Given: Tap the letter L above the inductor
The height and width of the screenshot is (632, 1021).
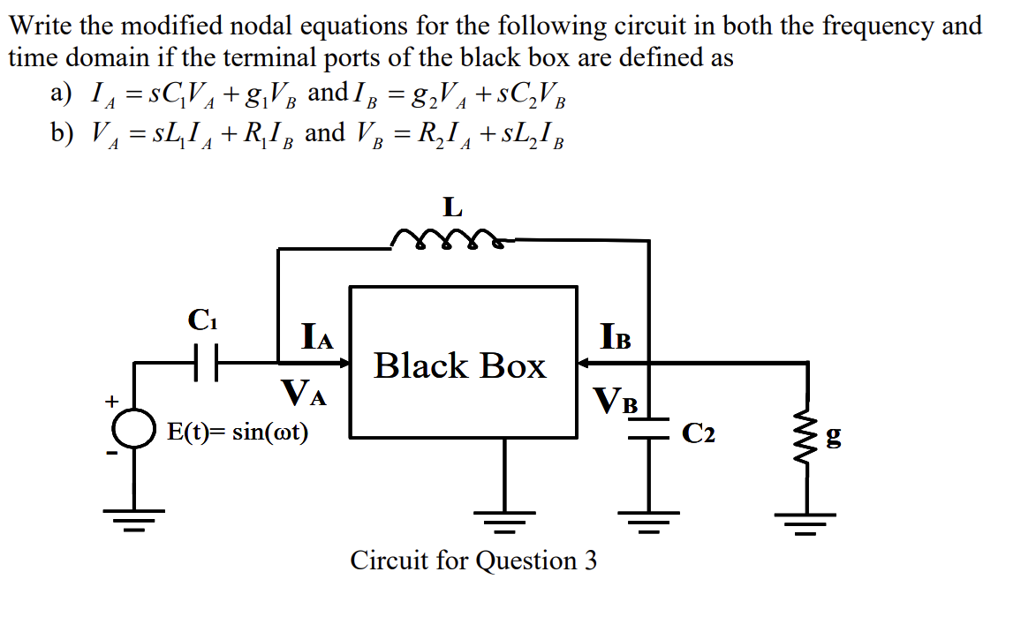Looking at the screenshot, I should tap(452, 207).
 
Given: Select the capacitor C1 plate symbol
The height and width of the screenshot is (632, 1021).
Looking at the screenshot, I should tap(206, 362).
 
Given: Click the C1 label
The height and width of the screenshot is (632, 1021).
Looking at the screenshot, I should tap(203, 320).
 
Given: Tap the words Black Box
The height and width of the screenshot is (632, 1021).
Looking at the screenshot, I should tap(460, 365).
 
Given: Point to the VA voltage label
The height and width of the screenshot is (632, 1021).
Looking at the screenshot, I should tap(303, 393).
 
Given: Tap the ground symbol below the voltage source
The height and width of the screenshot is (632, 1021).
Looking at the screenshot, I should tap(133, 519).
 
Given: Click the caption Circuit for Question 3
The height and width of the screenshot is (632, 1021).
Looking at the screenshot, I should tap(473, 561).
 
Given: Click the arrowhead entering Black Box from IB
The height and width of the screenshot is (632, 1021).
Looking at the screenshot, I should tap(585, 362).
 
